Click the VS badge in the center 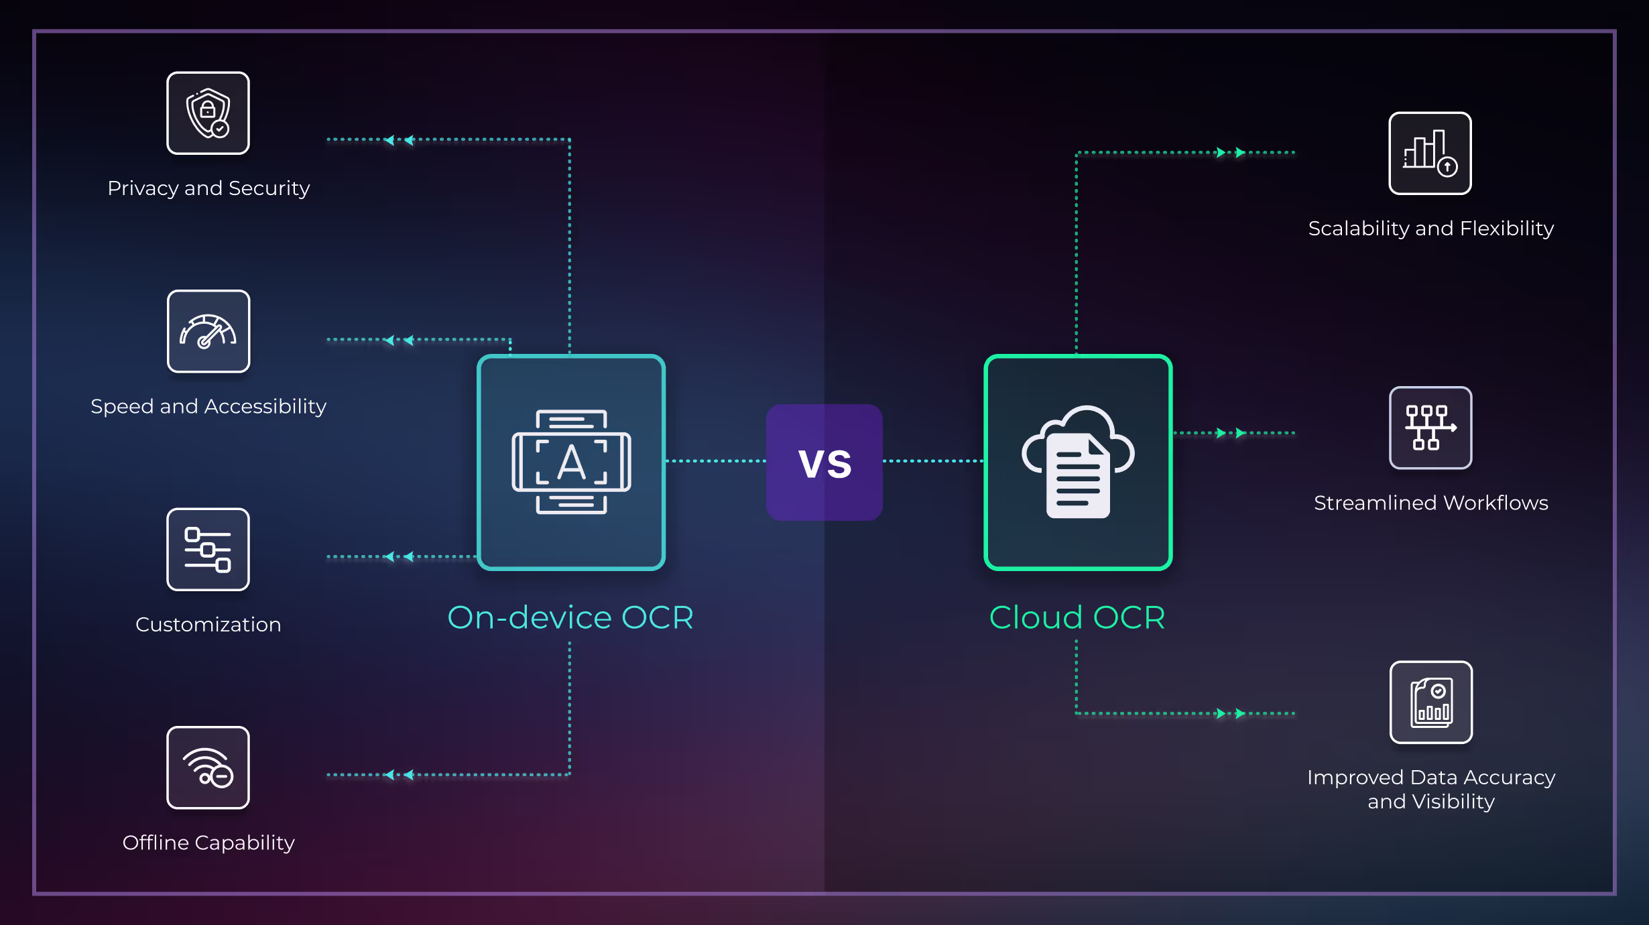(824, 462)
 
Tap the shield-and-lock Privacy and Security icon (208, 113)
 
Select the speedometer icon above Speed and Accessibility (208, 331)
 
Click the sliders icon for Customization (208, 550)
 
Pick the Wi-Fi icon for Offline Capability (208, 767)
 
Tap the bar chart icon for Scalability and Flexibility (1430, 153)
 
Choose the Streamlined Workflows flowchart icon (1430, 428)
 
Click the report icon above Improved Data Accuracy (1430, 702)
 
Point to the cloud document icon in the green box (1078, 462)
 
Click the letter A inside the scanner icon (571, 462)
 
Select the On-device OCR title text (570, 617)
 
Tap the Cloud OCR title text (1077, 617)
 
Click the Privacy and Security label (208, 188)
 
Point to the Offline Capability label (208, 843)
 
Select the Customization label (208, 625)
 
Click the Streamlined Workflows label (1430, 503)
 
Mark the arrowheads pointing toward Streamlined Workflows (1231, 433)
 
